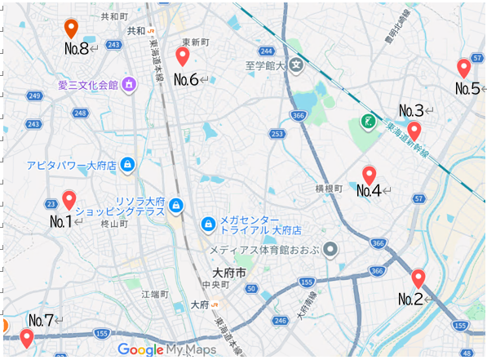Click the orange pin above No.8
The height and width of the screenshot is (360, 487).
[x=71, y=28]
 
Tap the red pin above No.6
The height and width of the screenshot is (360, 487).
[x=183, y=56]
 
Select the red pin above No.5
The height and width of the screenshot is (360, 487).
[x=464, y=68]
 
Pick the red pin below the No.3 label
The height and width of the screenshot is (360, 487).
[x=414, y=130]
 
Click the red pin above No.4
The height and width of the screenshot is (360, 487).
[x=369, y=174]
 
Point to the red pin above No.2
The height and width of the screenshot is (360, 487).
[x=418, y=278]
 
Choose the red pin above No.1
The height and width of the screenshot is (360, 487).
[x=69, y=198]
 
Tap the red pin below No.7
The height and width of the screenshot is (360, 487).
[x=27, y=336]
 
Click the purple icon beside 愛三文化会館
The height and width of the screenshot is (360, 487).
[x=128, y=84]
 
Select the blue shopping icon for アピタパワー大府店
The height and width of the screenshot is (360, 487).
[x=127, y=165]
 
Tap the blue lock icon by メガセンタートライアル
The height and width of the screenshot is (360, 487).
[x=208, y=224]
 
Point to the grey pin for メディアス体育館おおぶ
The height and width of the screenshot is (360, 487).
[x=330, y=249]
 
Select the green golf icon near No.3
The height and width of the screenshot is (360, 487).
[x=368, y=122]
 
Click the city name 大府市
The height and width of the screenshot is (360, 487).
[x=228, y=272]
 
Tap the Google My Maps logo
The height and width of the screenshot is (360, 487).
[x=167, y=349]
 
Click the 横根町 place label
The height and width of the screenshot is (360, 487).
[x=329, y=188]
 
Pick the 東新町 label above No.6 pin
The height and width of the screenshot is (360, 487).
[x=196, y=41]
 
